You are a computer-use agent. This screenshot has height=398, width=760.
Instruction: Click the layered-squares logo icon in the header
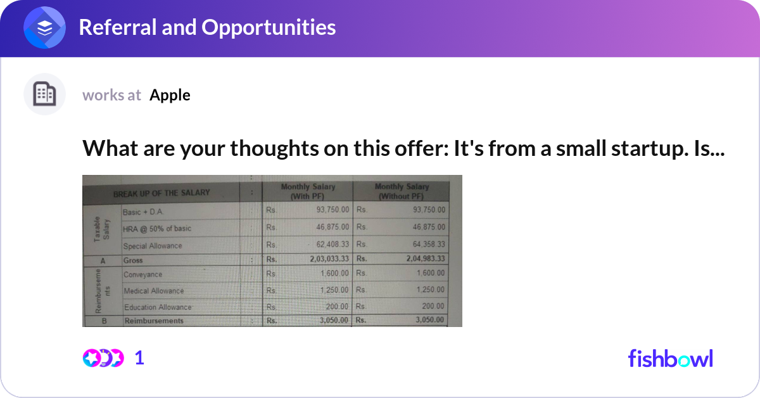[45, 28]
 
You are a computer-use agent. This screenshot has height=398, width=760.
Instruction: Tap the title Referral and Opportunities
[207, 27]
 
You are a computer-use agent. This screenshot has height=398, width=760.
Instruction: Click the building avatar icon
[44, 94]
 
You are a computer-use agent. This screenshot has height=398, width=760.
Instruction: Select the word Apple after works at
[170, 95]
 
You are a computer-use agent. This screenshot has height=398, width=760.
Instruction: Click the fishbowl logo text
[670, 358]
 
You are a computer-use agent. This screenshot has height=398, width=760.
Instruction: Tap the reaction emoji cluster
[103, 358]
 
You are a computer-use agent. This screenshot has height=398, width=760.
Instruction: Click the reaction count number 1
[139, 358]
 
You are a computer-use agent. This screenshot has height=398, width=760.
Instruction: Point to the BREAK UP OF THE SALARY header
[161, 193]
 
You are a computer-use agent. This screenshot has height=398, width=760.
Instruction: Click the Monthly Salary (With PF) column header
[308, 191]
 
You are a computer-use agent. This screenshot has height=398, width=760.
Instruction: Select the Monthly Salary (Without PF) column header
[402, 191]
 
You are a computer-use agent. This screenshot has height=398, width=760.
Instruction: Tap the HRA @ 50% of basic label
[157, 228]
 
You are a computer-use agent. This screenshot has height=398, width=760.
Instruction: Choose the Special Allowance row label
[153, 246]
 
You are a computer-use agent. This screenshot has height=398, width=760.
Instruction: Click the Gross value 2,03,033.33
[329, 259]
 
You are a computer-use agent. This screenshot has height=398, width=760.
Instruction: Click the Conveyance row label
[143, 274]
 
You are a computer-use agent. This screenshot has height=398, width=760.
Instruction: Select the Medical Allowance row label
[154, 291]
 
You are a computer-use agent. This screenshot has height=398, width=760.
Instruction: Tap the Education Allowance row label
[157, 307]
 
